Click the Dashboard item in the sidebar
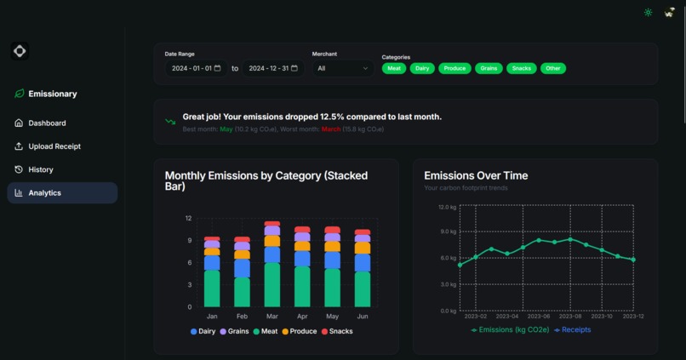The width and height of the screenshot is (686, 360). coord(47,123)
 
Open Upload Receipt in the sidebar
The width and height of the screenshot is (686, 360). coord(54,146)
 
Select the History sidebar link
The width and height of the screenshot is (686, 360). coord(40,169)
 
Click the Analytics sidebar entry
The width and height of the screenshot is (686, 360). coord(44,193)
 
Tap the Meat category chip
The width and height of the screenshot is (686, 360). coord(394,68)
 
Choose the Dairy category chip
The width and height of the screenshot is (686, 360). coord(422,68)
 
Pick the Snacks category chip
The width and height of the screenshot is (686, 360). coord(522,68)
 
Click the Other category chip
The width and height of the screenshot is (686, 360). coord(553,68)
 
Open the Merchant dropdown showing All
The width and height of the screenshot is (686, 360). coord(343,68)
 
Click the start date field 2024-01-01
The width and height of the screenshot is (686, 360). coord(196,68)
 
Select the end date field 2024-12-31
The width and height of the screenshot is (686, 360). coord(272,68)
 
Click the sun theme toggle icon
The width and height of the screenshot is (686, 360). coord(649,13)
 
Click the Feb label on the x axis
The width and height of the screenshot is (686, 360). coord(242,316)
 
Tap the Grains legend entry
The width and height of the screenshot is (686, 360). coord(234,332)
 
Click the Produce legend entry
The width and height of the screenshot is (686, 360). coord(299,332)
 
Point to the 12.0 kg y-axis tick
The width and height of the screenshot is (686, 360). coord(447,207)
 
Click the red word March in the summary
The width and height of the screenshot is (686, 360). coord(330,129)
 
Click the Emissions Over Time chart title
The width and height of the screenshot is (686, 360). coord(476,176)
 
